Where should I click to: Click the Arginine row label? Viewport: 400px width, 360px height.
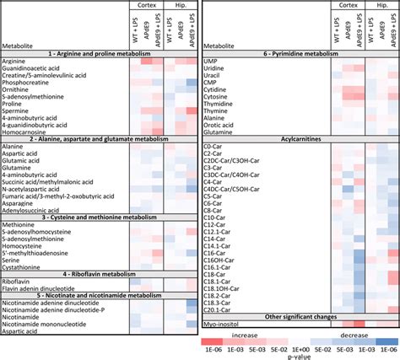[x=16, y=62]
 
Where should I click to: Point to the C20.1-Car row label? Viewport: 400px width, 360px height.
[x=219, y=309]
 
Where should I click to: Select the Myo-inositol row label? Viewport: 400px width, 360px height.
[x=222, y=323]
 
